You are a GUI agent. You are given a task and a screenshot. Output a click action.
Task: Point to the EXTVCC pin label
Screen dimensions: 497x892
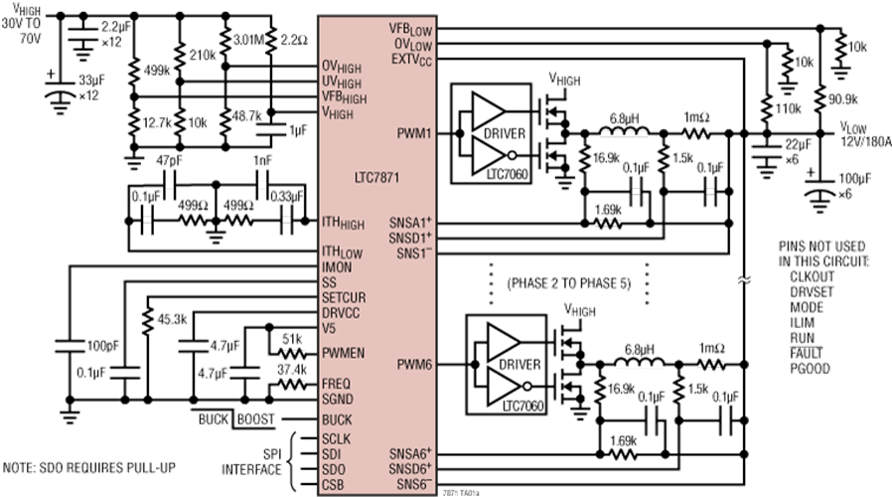[x=408, y=61]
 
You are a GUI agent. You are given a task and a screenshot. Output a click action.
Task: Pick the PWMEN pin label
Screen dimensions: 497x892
[x=344, y=353]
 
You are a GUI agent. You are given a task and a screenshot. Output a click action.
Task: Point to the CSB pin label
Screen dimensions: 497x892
[x=335, y=484]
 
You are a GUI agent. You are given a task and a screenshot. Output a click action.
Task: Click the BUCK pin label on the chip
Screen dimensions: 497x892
[x=338, y=419]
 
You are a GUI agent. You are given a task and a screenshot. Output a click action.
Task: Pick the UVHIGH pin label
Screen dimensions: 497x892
[x=344, y=81]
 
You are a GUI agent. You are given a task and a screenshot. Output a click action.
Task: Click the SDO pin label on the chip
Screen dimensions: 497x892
[x=335, y=469]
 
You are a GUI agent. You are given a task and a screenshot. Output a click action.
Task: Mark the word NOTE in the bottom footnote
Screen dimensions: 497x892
[x=18, y=464]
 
